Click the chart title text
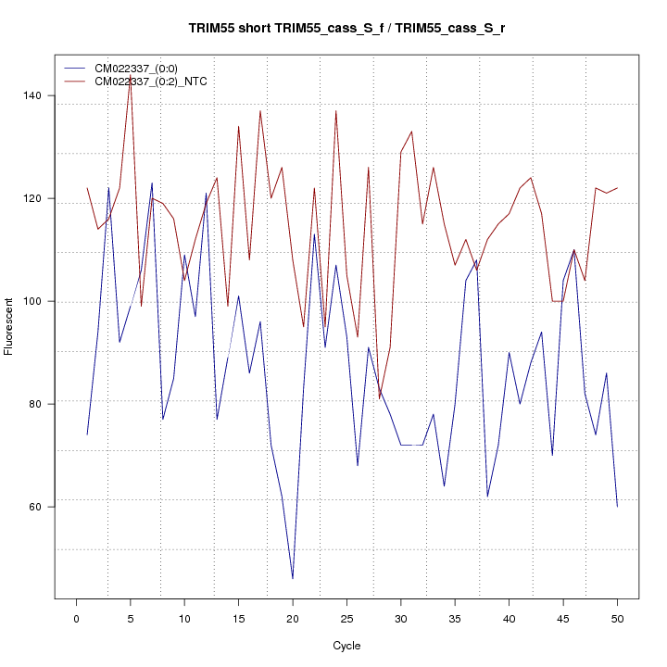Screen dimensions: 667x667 346,28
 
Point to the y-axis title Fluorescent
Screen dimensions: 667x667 10,326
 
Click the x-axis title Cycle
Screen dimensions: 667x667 346,646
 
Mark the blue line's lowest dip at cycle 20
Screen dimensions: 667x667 293,578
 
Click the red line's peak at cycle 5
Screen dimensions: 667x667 130,81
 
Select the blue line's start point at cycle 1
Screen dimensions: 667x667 87,434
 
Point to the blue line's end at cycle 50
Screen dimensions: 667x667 617,506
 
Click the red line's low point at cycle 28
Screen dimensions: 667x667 379,398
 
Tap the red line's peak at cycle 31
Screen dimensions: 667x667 411,132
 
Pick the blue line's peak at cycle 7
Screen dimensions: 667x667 152,183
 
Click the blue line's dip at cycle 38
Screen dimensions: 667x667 487,496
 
